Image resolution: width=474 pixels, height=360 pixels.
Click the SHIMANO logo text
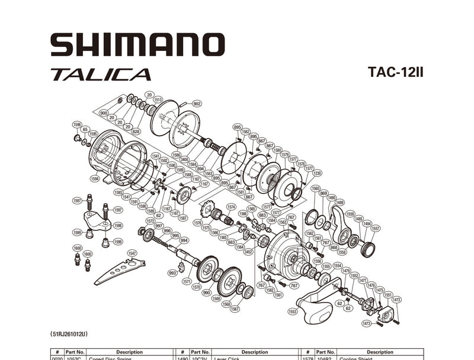[137, 46]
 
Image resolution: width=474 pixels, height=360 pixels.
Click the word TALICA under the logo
[101, 75]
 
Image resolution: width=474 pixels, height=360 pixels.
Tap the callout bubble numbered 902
[197, 104]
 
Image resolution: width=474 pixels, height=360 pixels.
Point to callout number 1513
[158, 99]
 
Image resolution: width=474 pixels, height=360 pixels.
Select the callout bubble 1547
[132, 253]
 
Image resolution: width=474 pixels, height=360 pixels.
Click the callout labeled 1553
[292, 311]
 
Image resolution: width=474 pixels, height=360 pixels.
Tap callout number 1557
[376, 229]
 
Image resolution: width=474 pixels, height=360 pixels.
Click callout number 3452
[248, 252]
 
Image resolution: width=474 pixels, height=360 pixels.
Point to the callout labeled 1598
[118, 225]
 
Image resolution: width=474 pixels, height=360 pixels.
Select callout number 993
[172, 273]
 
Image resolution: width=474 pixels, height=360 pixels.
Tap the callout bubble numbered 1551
[388, 294]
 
